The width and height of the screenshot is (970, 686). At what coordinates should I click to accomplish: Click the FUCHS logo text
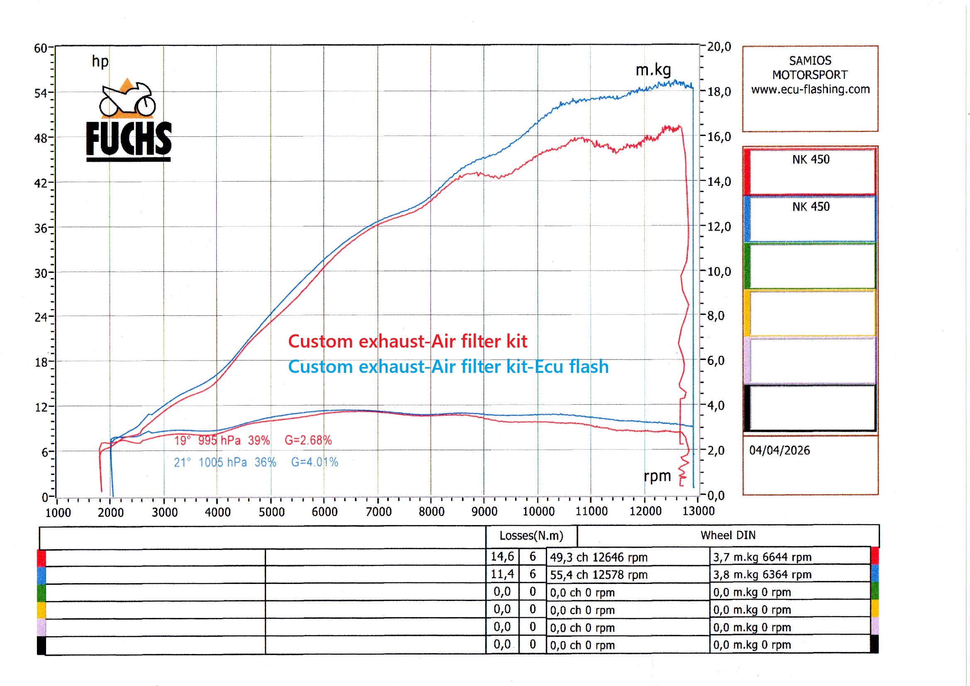point(129,139)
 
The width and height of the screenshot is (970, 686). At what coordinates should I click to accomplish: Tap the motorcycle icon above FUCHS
point(127,100)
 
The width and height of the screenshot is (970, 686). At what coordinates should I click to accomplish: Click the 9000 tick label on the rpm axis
point(484,512)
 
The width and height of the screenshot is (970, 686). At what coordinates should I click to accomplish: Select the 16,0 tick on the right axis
point(719,137)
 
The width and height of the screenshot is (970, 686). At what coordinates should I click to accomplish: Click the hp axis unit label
point(100,62)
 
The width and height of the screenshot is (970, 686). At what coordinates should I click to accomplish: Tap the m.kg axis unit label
point(653,70)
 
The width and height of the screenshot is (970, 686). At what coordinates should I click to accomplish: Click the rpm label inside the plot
point(657,476)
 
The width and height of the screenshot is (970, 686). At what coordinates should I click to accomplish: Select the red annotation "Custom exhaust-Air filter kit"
point(408,341)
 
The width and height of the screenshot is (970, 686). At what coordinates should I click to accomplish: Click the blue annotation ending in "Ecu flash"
point(448,367)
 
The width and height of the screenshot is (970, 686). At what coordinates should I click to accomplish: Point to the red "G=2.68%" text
point(308,440)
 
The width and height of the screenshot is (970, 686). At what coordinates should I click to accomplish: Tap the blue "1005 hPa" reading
point(223,462)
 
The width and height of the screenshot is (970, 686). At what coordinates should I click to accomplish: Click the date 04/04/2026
point(779,450)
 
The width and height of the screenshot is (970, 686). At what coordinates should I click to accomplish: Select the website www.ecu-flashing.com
point(810,89)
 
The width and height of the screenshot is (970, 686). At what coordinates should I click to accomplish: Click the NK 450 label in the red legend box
point(811,160)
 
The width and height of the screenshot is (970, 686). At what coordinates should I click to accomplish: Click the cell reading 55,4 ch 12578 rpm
point(599,575)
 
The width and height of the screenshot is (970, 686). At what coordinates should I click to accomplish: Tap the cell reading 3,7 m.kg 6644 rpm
point(762,557)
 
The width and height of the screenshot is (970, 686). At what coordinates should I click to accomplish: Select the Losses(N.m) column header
point(531,535)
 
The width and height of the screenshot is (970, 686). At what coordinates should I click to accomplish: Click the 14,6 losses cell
point(502,557)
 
